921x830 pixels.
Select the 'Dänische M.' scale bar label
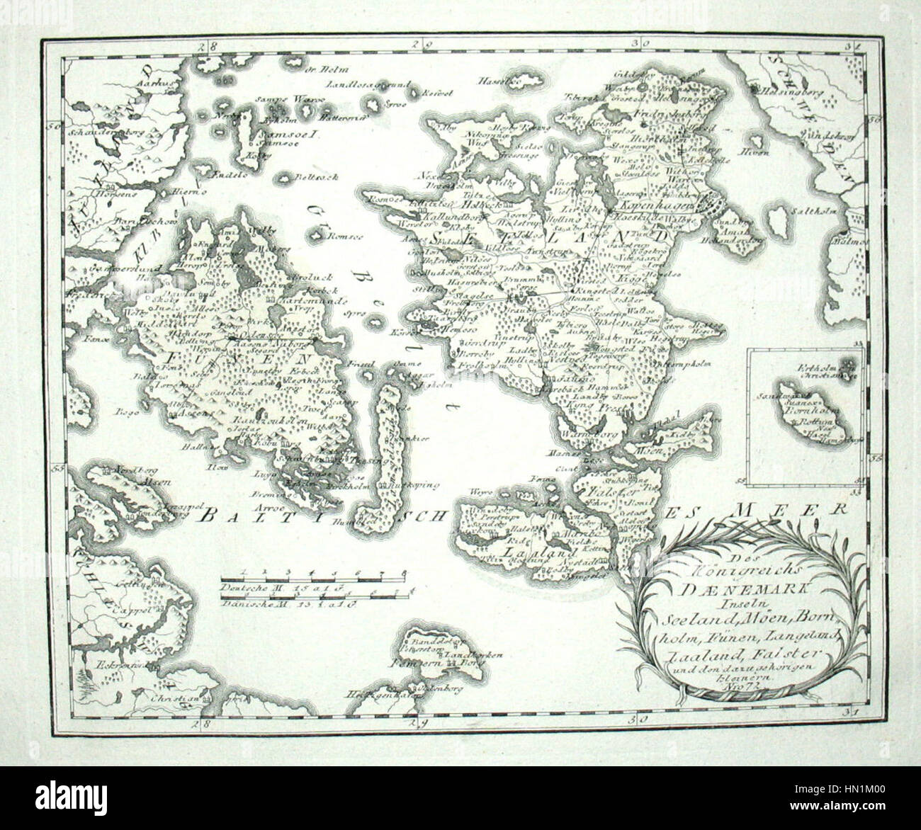(x=242, y=605)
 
